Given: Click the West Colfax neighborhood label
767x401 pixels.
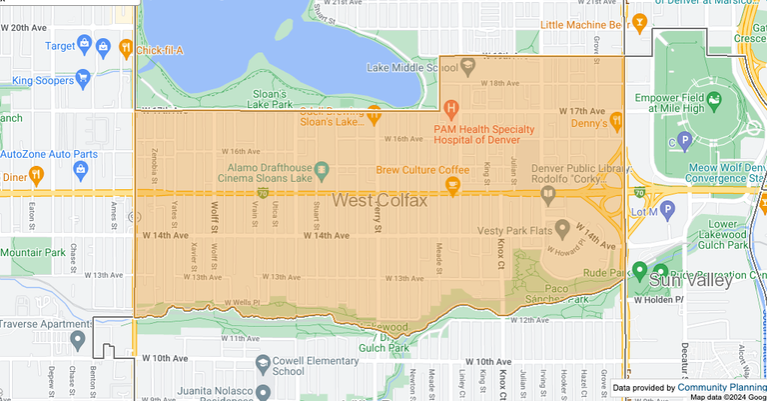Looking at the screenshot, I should (380, 201).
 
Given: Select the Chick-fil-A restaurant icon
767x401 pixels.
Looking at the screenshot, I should (125, 45).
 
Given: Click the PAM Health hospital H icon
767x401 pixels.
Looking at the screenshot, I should (451, 108).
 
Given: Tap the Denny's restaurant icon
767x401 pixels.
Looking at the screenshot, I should (617, 121).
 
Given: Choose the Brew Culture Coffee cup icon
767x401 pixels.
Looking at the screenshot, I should (452, 184).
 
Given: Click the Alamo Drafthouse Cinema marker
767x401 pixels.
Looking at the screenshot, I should (323, 169).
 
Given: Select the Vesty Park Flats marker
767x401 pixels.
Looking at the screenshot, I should (561, 229).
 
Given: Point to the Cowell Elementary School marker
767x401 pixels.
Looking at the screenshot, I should (263, 363).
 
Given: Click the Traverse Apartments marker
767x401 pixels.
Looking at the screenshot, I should (78, 340).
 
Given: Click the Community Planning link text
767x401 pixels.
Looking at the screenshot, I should (721, 387).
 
